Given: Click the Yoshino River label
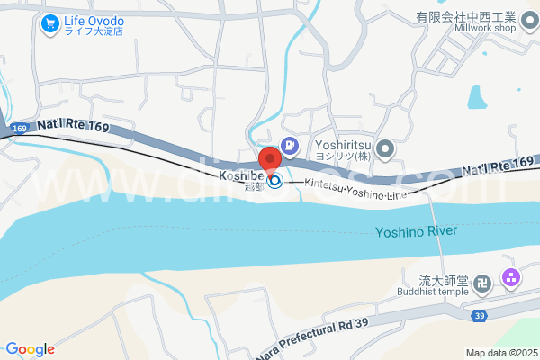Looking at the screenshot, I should [416, 231].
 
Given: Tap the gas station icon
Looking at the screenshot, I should [290, 144].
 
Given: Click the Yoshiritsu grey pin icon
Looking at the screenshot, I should [385, 149].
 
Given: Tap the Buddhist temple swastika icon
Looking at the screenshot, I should [483, 283].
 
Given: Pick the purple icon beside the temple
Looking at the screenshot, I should [511, 278].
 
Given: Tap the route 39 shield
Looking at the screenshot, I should [480, 315].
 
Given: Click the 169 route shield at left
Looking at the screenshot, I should [20, 130].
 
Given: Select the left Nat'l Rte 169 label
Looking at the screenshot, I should [74, 127].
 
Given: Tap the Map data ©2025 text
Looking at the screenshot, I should [500, 352].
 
